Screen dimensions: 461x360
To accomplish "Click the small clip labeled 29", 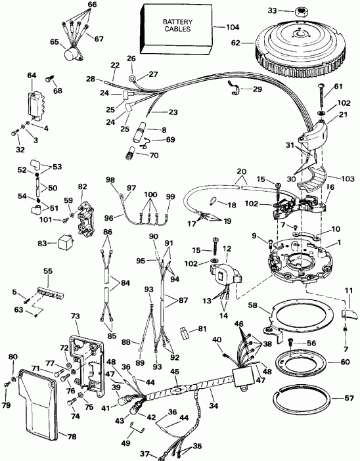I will point(235,85).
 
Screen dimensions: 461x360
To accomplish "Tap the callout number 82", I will point(81,187).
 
